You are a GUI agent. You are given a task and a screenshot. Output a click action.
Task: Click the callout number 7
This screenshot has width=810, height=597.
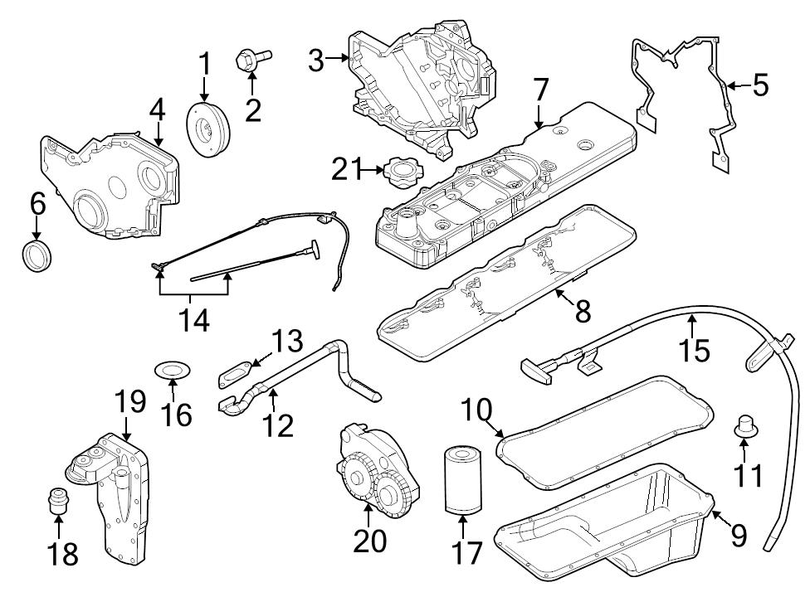click(540, 90)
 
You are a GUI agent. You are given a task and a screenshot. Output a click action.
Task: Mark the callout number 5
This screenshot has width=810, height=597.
click(760, 85)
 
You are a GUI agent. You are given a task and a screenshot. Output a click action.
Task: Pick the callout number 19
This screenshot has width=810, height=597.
click(129, 403)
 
